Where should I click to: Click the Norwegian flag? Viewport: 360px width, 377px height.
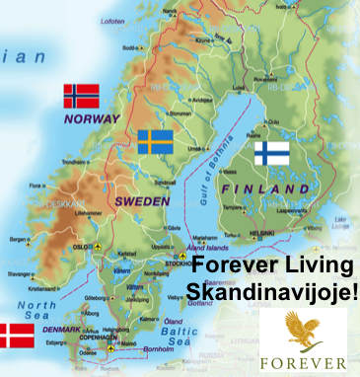click(82, 96)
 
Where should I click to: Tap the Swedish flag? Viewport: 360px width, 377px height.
click(156, 142)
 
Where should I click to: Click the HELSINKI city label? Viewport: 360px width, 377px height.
click(261, 232)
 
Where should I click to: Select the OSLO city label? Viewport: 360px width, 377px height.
click(82, 246)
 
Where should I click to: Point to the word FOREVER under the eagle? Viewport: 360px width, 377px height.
click(303, 361)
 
